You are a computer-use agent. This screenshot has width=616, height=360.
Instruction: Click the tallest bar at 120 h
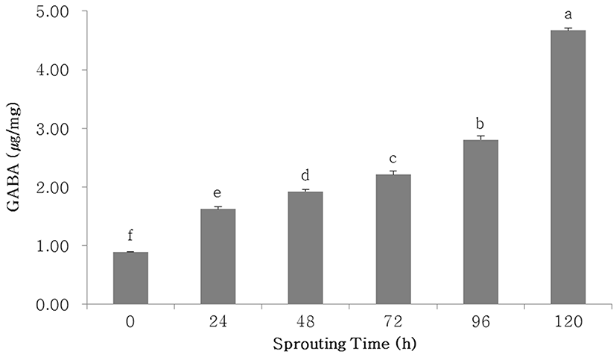[567, 167]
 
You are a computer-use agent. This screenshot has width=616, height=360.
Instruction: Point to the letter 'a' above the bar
[568, 14]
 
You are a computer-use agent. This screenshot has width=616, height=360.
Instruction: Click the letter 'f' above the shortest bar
[130, 236]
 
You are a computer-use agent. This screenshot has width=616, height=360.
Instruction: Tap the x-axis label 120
[567, 323]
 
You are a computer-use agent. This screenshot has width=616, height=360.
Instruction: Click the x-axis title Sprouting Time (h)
[348, 345]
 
